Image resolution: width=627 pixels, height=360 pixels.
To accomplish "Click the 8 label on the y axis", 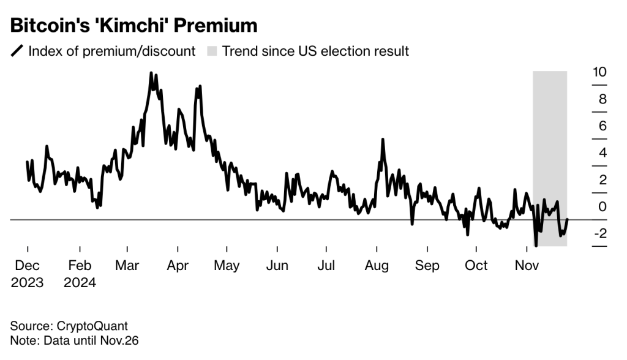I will [603, 99].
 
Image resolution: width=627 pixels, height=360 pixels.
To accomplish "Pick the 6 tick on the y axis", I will [603, 126].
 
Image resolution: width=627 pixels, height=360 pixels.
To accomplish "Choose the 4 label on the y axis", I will [603, 153].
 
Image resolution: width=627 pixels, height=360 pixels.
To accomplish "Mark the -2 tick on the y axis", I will [599, 234].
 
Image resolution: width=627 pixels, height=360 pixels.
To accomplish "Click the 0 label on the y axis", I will [603, 207].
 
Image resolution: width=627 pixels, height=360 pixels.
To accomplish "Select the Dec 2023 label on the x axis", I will [27, 274].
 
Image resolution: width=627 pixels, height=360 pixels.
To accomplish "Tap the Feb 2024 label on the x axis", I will [80, 274].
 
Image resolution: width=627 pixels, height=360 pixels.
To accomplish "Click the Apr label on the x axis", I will [178, 266].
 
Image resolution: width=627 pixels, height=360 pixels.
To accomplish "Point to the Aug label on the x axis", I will [377, 266].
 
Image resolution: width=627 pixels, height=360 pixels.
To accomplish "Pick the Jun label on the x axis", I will [277, 266].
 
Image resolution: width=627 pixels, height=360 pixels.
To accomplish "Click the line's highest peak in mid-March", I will [151, 73].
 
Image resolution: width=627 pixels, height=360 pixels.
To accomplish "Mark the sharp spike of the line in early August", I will [383, 140].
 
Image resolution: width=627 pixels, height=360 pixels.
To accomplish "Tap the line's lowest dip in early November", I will [536, 246].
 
